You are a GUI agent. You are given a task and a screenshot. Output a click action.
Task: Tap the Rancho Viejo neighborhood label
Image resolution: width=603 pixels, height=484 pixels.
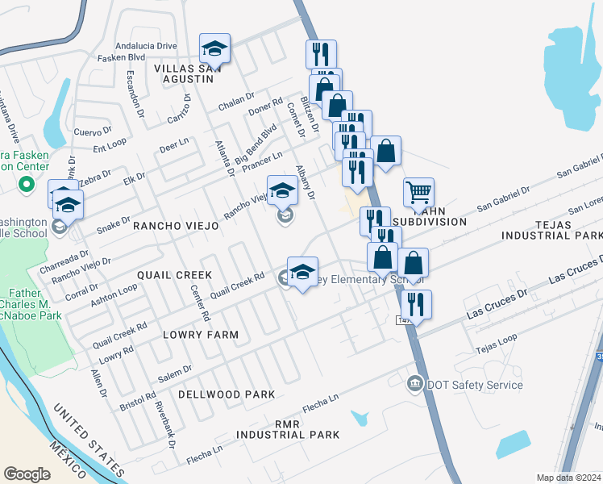(176, 227)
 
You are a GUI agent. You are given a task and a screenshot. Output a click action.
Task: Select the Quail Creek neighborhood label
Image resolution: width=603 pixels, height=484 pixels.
(174, 274)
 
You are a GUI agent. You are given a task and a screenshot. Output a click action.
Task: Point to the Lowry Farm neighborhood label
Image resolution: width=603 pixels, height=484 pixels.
(201, 334)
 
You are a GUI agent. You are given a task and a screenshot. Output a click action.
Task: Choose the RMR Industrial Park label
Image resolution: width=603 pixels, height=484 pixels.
(288, 428)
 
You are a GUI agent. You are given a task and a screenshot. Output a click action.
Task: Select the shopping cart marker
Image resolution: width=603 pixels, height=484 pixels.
(418, 193)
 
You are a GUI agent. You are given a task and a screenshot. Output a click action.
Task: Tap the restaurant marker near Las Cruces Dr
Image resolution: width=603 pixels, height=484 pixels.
(415, 304)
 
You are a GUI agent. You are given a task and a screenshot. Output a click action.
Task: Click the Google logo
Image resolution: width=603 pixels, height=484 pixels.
(27, 474)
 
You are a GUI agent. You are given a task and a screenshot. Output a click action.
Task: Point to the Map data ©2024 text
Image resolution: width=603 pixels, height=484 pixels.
(568, 478)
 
